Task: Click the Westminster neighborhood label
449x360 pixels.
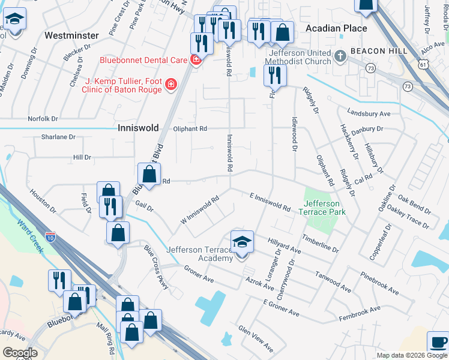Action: [71, 35]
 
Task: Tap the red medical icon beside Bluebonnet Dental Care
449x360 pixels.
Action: [195, 60]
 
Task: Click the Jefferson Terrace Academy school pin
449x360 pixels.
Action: [242, 243]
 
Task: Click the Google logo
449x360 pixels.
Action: [19, 353]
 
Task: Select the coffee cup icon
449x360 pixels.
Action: [438, 343]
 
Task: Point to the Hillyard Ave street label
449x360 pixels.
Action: [284, 244]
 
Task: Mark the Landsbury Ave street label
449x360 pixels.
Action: [369, 113]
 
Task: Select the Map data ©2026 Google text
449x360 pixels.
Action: [411, 355]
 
